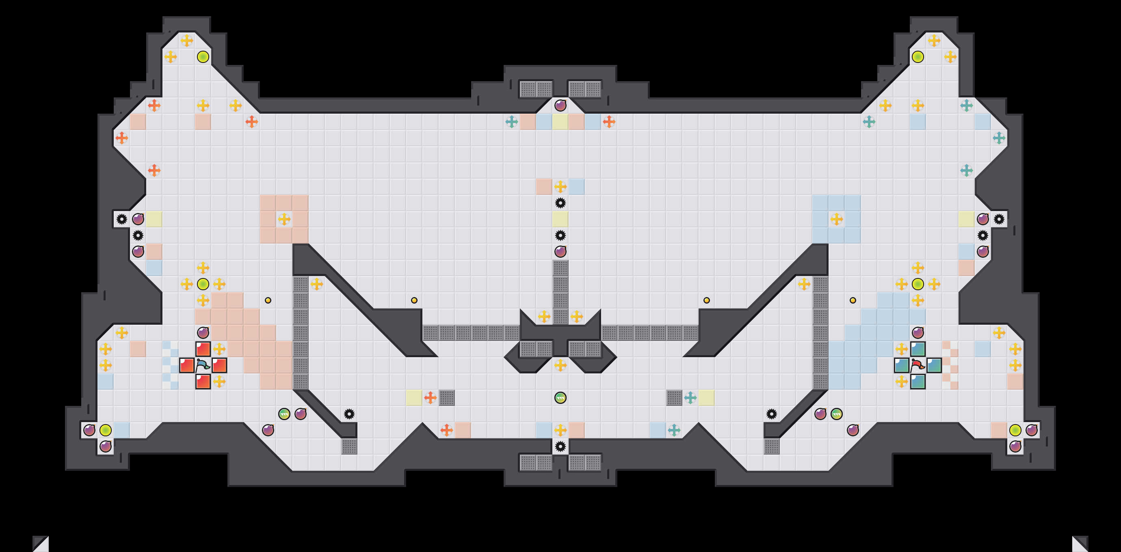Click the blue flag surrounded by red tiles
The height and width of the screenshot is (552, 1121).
pyautogui.click(x=203, y=365)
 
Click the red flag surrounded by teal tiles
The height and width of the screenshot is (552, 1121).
pyautogui.click(x=918, y=365)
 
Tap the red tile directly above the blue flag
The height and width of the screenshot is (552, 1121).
pyautogui.click(x=203, y=349)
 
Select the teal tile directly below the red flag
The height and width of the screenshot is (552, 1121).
pyautogui.click(x=918, y=382)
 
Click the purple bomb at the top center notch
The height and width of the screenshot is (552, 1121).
pyautogui.click(x=560, y=105)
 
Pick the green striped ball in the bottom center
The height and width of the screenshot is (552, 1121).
pyautogui.click(x=560, y=398)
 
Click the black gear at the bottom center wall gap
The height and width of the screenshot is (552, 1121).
pyautogui.click(x=560, y=446)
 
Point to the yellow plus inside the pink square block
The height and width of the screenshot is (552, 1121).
pyautogui.click(x=284, y=219)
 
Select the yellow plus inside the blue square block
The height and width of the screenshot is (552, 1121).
pyautogui.click(x=836, y=219)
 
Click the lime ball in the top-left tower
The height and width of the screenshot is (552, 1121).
pyautogui.click(x=203, y=56)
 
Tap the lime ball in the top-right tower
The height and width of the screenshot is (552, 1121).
pyautogui.click(x=918, y=56)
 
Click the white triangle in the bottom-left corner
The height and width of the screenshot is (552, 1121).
pyautogui.click(x=41, y=544)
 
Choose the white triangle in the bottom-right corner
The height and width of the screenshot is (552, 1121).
pyautogui.click(x=1080, y=544)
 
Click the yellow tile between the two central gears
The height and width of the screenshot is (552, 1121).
pyautogui.click(x=560, y=219)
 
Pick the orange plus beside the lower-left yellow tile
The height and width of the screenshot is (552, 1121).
pyautogui.click(x=431, y=398)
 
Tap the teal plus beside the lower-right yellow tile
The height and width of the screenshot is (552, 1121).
pyautogui.click(x=690, y=398)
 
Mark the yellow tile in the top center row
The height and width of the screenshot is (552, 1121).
pyautogui.click(x=560, y=122)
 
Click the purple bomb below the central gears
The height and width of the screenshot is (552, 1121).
pyautogui.click(x=560, y=251)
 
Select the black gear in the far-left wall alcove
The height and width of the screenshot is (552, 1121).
pyautogui.click(x=121, y=219)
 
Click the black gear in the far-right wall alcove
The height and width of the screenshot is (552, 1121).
pyautogui.click(x=999, y=219)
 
